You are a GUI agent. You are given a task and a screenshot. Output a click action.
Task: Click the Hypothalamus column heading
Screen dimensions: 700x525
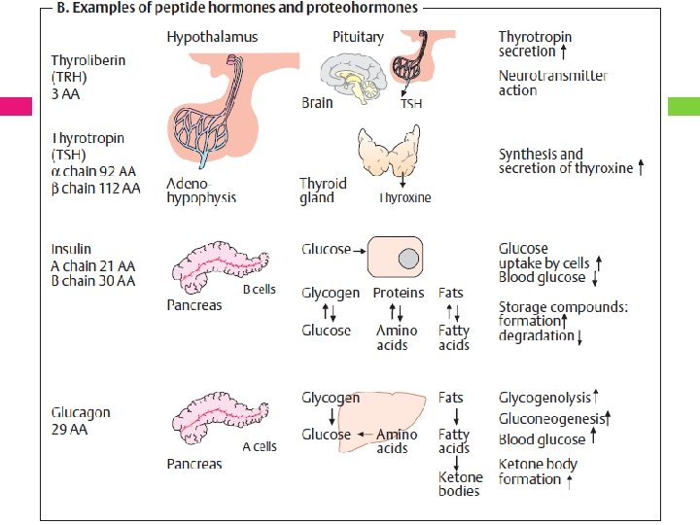[219, 37]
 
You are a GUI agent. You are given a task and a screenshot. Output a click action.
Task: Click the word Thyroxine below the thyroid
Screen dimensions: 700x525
[404, 197]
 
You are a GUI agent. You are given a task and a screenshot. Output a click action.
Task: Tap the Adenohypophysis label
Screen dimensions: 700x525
[201, 190]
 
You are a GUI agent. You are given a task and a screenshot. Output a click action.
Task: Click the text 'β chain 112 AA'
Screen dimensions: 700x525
[95, 188]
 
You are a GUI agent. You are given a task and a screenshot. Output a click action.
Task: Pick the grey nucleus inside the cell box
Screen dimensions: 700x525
[409, 259]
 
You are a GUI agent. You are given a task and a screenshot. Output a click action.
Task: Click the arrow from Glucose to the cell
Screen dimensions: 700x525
[359, 249]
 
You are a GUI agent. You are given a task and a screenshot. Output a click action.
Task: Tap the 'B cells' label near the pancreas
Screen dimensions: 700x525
[259, 289]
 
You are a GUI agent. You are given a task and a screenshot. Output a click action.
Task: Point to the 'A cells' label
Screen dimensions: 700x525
[259, 446]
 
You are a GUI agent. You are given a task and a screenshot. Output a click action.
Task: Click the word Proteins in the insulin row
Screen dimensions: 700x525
[399, 293]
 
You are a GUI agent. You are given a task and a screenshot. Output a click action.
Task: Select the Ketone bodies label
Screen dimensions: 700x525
[460, 484]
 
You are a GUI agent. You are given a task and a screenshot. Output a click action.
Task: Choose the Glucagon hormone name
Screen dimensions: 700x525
[81, 412]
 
